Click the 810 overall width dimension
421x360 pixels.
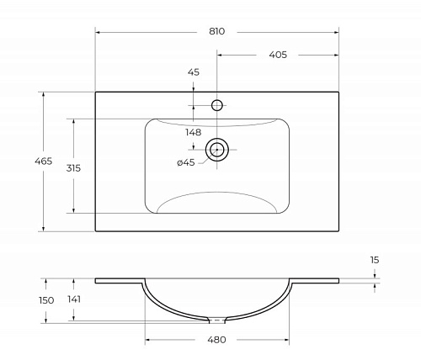coord(216,31)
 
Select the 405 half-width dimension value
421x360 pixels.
coord(278,55)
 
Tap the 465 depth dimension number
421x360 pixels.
coord(44,161)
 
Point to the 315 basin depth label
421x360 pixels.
coord(73,168)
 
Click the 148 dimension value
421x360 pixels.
coord(194,132)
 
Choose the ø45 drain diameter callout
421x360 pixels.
coord(186,162)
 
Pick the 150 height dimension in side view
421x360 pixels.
coord(46,300)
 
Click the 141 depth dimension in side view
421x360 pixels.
coord(74,299)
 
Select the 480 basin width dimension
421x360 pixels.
coord(216,340)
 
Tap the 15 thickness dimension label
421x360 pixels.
coord(375,260)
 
